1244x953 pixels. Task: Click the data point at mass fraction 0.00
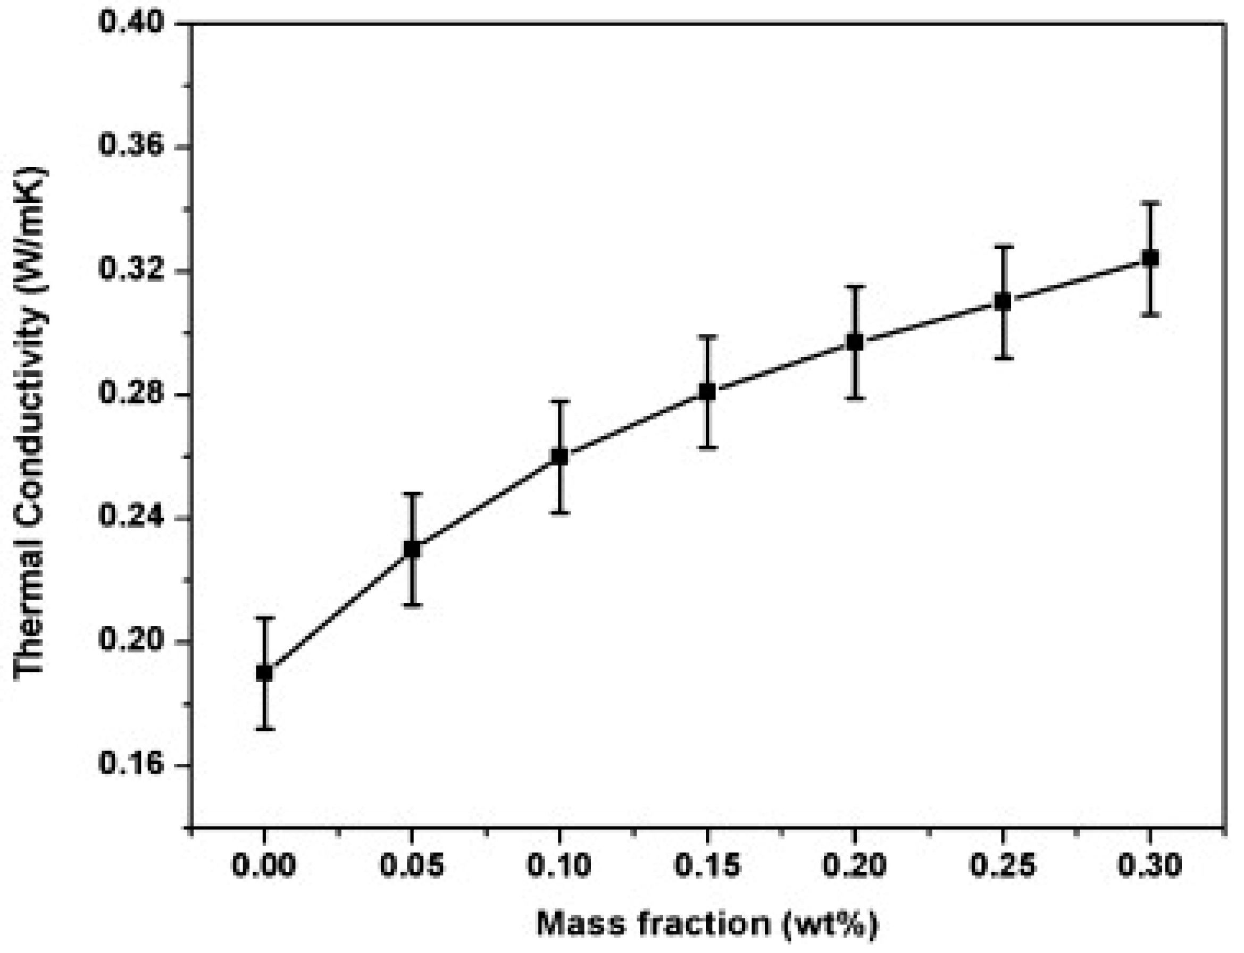(x=264, y=673)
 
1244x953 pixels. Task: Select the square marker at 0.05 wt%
(x=412, y=549)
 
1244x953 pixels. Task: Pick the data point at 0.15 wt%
(x=707, y=391)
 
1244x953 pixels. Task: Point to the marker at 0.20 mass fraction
(x=855, y=343)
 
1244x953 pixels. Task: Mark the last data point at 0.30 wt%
(x=1150, y=258)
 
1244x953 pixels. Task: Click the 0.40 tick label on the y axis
(x=131, y=24)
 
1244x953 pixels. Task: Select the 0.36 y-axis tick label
(x=131, y=146)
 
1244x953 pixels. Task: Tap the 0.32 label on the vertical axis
(x=131, y=271)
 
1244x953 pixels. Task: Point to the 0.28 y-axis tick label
(x=131, y=394)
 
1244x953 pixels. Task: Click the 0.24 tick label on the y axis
(x=131, y=517)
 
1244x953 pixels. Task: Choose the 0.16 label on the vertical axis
(x=131, y=765)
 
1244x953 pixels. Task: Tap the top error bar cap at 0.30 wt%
(x=1150, y=203)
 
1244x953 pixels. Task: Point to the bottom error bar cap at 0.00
(x=264, y=728)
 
